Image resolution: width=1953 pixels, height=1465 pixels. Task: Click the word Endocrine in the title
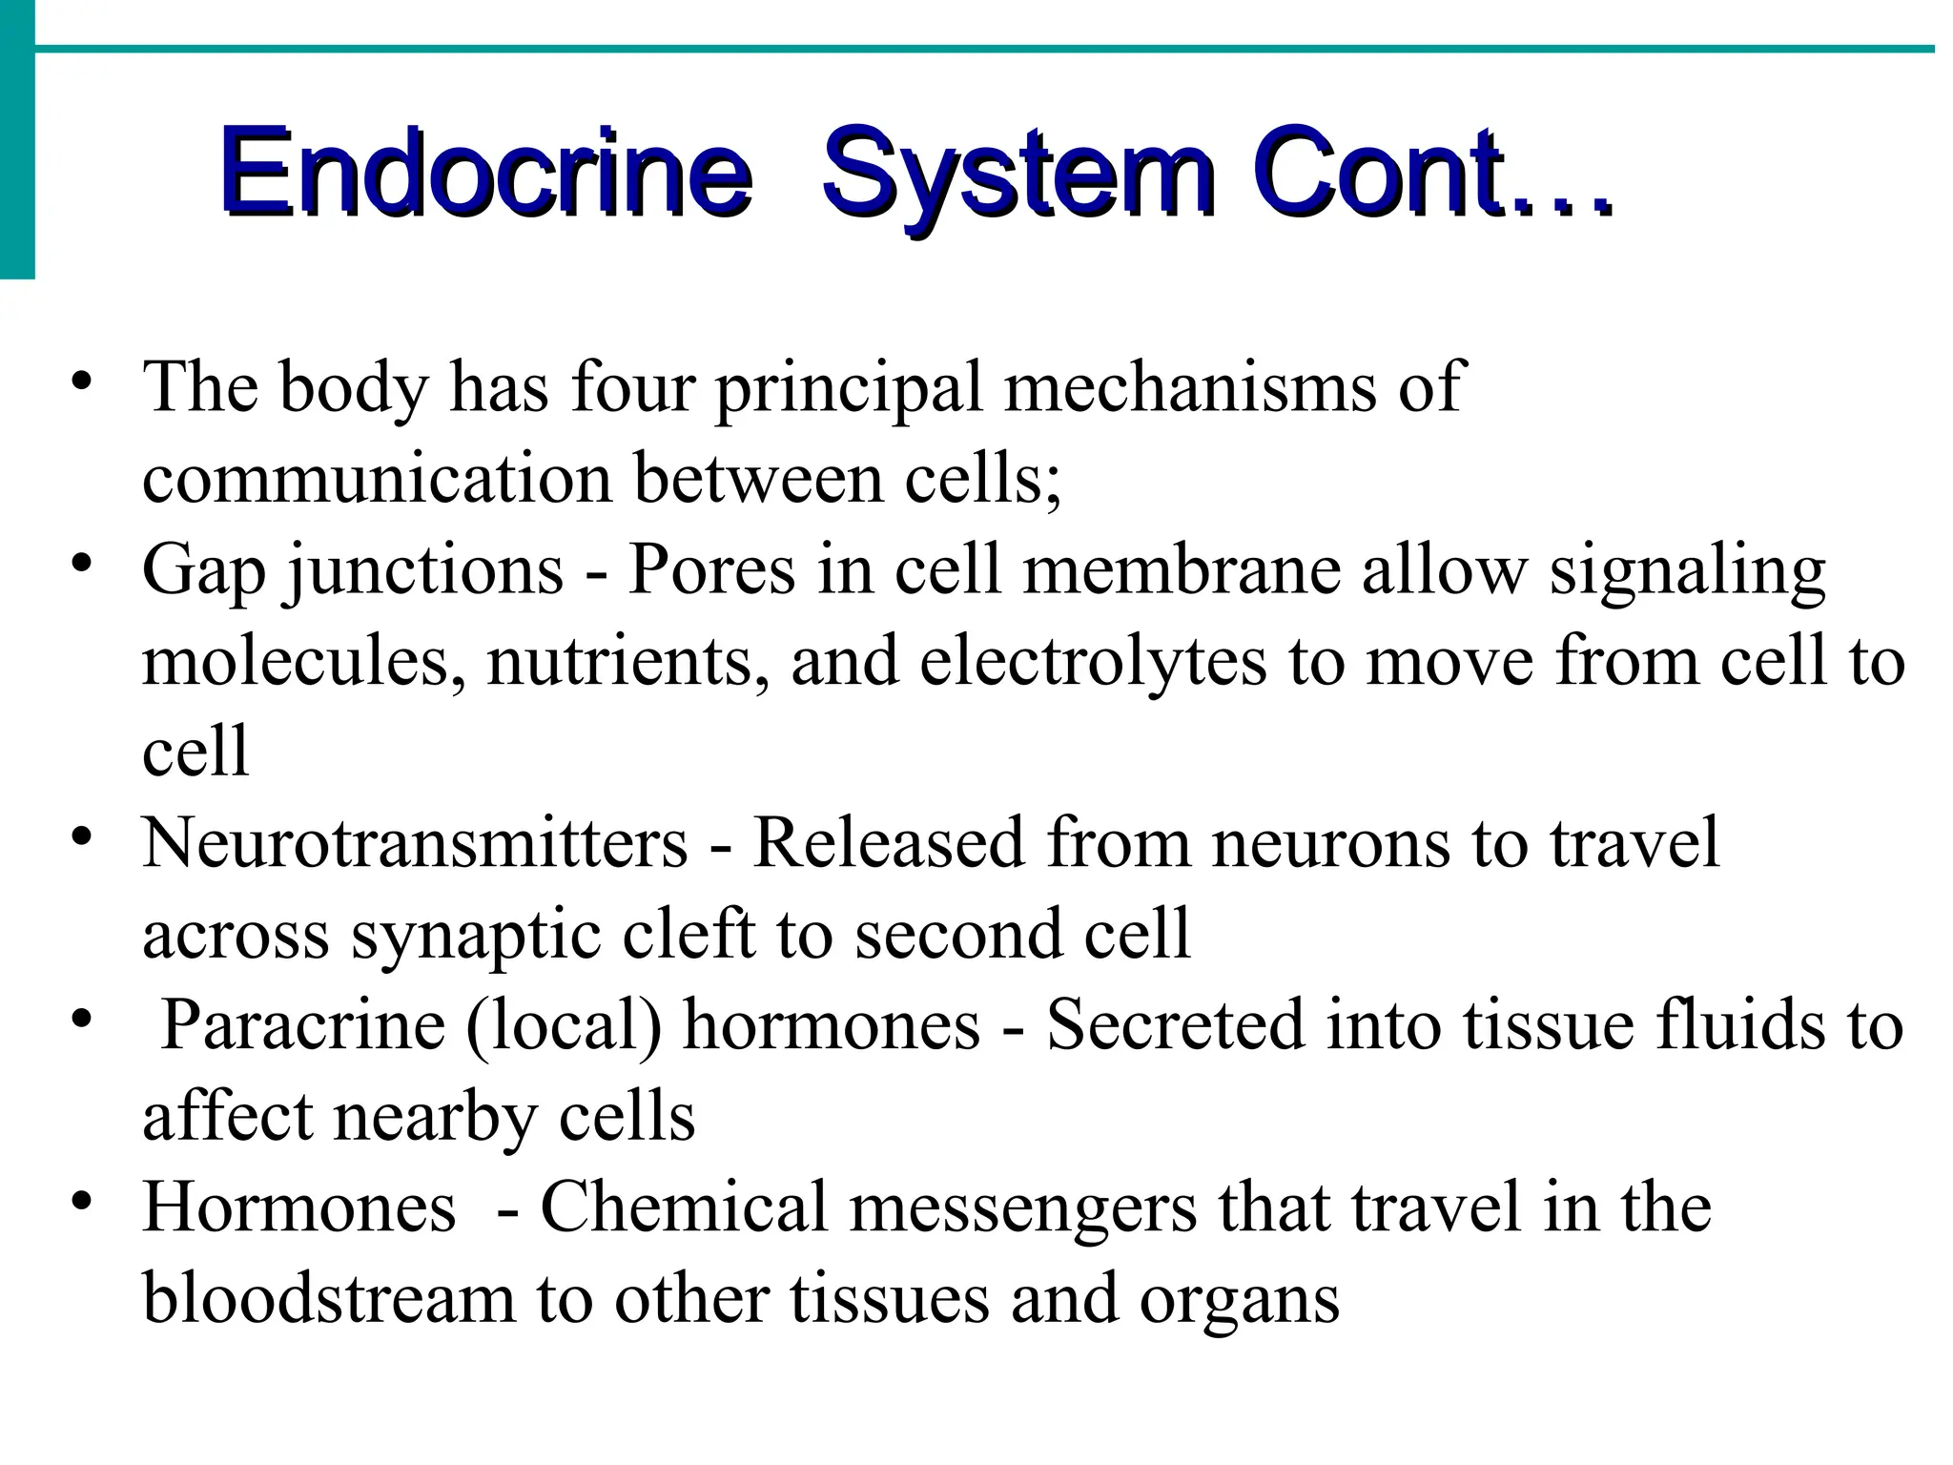[x=484, y=172]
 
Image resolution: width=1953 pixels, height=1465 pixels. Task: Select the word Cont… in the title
[x=1430, y=172]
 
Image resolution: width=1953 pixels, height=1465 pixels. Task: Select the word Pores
[x=710, y=569]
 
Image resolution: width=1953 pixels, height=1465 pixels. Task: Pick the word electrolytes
[x=1093, y=661]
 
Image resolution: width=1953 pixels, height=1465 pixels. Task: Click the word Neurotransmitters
[x=415, y=842]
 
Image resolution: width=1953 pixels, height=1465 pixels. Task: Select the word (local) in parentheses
[x=564, y=1025]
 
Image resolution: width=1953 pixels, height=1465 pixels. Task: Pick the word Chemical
[x=684, y=1207]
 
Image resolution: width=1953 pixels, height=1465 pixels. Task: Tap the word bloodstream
[x=329, y=1298]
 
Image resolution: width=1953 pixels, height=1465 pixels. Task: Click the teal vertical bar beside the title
[x=17, y=143]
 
